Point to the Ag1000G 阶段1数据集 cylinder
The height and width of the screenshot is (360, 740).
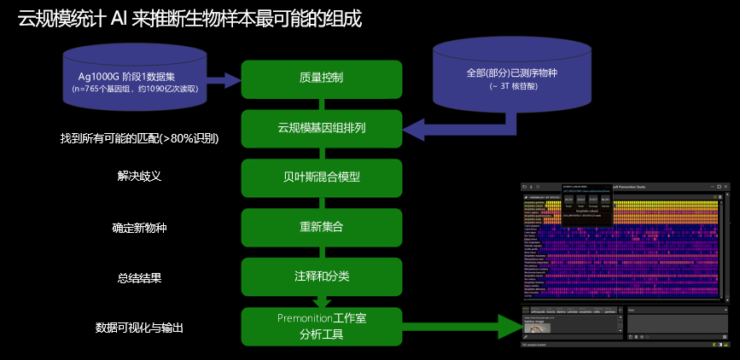(x=135, y=78)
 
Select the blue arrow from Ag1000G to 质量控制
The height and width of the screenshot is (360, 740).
(x=224, y=80)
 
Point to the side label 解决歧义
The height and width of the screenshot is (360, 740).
(x=139, y=175)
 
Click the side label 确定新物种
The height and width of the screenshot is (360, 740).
(x=139, y=228)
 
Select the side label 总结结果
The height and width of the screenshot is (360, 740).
(x=139, y=277)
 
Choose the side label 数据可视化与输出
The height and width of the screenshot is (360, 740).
(x=139, y=327)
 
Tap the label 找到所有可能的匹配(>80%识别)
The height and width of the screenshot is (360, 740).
(x=139, y=138)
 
